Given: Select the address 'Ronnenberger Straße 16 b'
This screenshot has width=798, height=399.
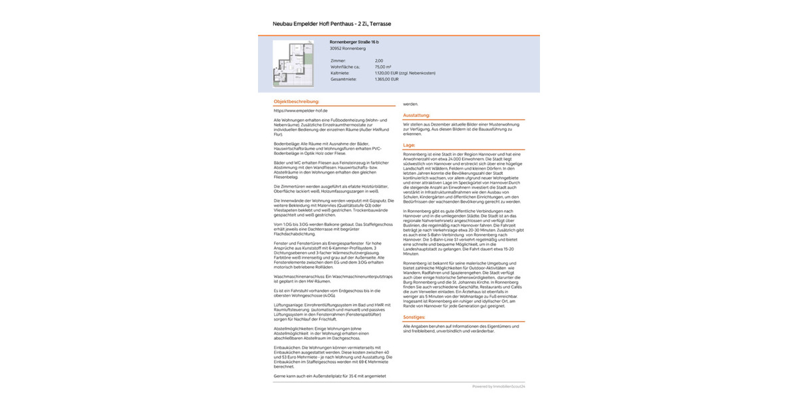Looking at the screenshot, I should pos(354,42).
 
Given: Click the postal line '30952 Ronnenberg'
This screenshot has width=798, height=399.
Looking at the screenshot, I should pos(348,49).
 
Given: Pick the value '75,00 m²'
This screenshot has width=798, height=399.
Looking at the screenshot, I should pos(383,66).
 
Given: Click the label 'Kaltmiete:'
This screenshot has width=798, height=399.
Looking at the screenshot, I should pos(340,72).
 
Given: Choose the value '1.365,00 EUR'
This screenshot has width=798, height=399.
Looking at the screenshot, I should pos(386,78).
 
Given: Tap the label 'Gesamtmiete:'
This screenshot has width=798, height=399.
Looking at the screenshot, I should pos(343,78).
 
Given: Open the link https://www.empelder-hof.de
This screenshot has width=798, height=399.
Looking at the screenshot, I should pos(301,110).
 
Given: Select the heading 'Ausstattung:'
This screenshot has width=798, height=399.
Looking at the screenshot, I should pos(416,115).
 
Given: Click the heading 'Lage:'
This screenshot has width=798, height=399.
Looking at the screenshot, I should pos(409,144).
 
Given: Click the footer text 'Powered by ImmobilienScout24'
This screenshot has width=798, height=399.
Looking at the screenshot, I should pos(499,386).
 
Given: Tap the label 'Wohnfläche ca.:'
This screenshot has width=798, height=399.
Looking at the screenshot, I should pos(345,66).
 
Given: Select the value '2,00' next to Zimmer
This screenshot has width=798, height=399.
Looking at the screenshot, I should pos(379,61).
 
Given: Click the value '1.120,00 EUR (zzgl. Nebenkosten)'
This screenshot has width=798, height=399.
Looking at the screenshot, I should pos(405,72).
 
